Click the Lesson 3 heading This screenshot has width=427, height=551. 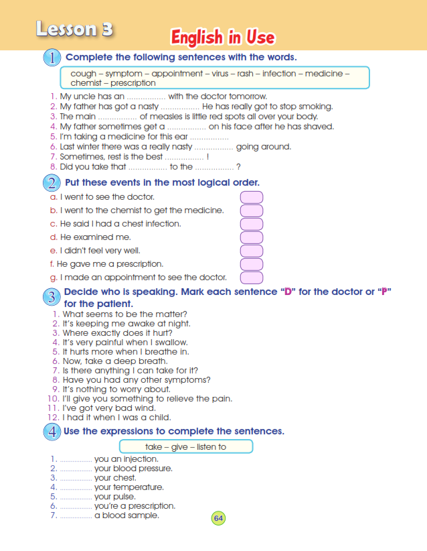tap(74, 29)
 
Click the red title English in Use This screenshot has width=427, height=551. tap(223, 37)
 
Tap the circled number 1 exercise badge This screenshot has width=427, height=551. tap(52, 58)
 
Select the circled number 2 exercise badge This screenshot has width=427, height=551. tap(52, 183)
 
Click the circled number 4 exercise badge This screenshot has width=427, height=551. tap(52, 432)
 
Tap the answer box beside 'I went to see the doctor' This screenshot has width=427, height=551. tap(251, 197)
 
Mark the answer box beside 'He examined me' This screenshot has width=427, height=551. tap(251, 237)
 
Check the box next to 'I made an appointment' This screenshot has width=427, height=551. tap(251, 278)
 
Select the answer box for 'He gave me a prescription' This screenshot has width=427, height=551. tap(251, 264)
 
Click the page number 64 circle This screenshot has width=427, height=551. tap(219, 517)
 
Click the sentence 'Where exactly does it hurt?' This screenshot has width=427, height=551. tap(117, 333)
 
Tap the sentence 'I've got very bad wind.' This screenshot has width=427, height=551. tap(108, 408)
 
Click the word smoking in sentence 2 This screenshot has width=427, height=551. tap(315, 106)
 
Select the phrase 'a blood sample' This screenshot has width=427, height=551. tap(126, 515)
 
